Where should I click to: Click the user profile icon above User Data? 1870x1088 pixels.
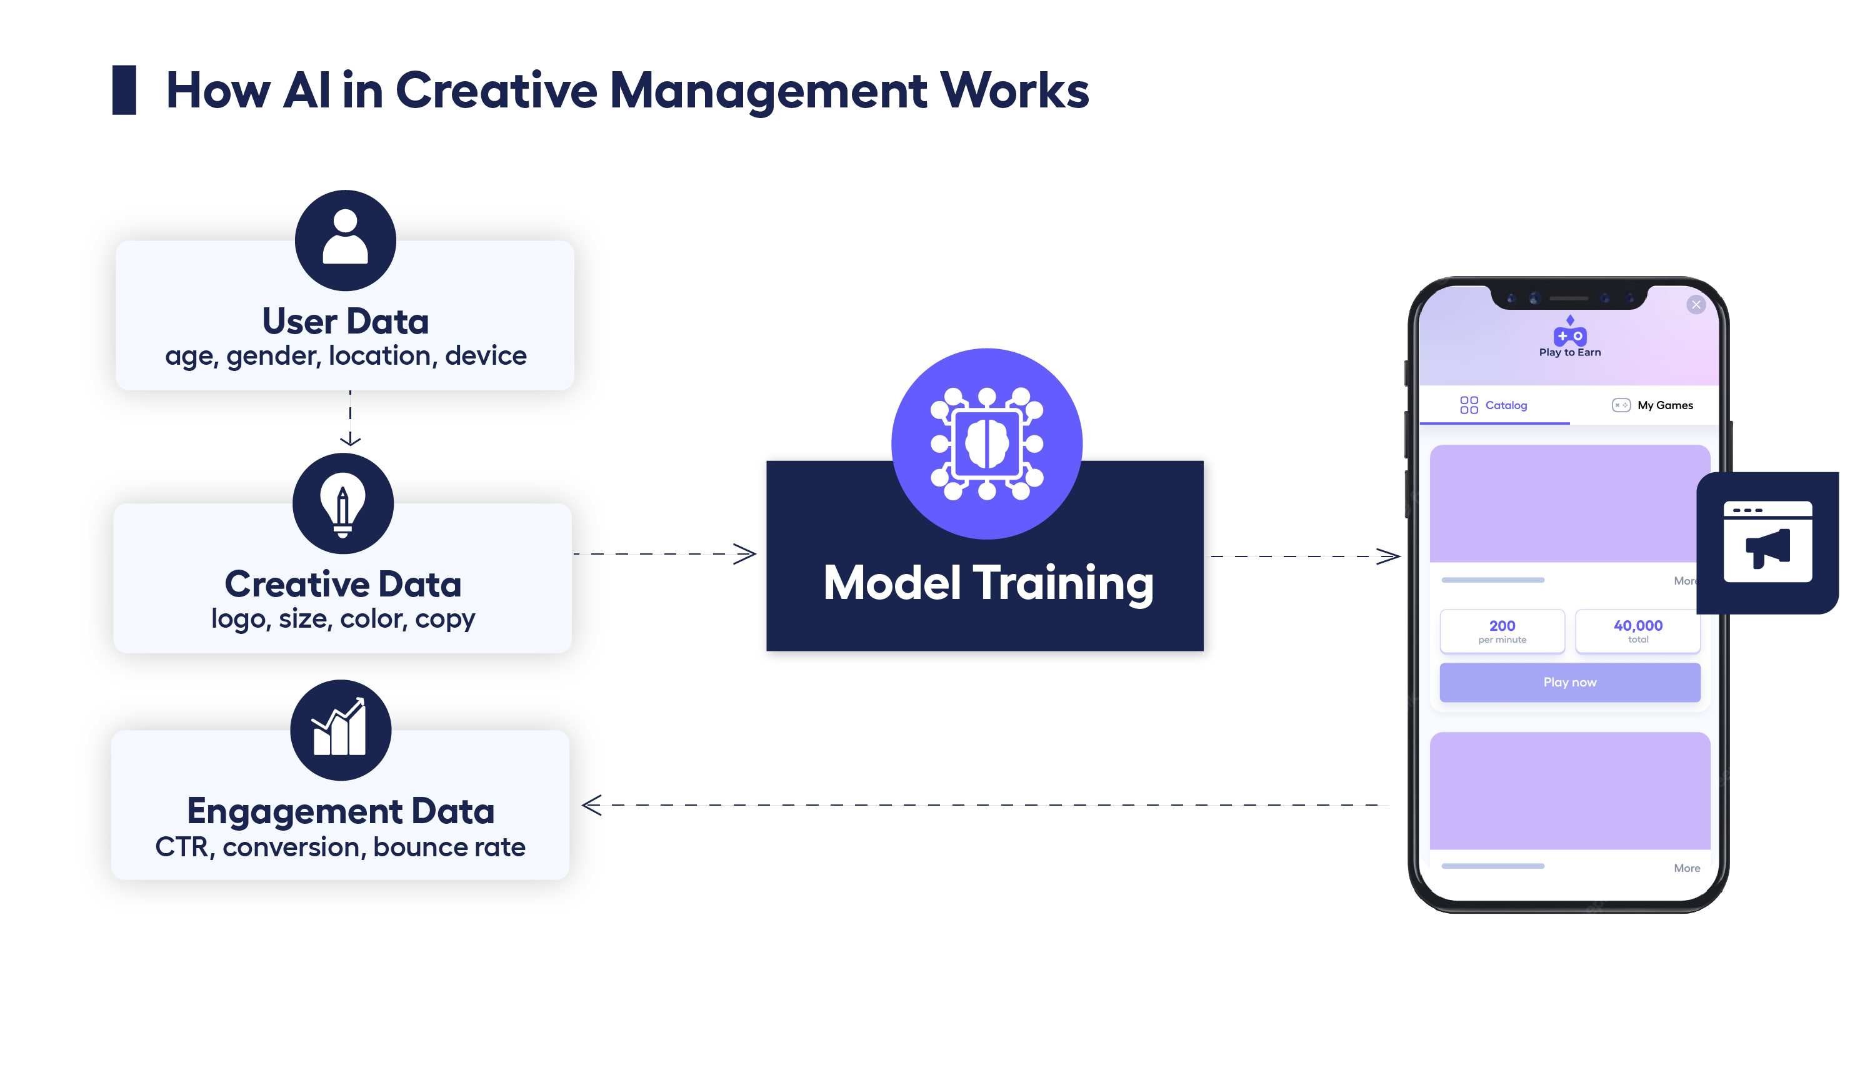(345, 240)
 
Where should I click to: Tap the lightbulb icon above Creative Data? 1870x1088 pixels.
(343, 503)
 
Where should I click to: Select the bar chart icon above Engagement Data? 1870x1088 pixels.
(341, 729)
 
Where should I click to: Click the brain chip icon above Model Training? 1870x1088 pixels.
(986, 443)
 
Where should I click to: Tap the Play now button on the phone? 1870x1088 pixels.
(1569, 681)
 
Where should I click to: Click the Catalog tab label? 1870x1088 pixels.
(1506, 405)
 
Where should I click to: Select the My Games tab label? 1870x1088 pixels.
(1664, 405)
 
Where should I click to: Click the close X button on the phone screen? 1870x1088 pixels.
(1696, 304)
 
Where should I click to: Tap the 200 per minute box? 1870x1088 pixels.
(1502, 631)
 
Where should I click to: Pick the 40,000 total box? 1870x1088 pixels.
(1637, 631)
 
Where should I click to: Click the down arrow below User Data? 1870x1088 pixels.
(350, 439)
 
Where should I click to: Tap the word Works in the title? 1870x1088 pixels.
(1014, 91)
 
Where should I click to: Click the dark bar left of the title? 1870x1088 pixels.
(124, 90)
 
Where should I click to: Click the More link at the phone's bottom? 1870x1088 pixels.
(1687, 868)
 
